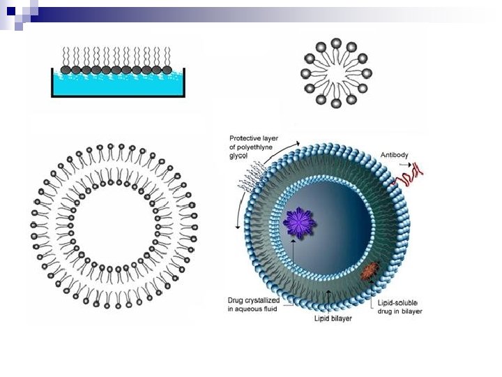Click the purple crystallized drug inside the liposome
(x=299, y=223)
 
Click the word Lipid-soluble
(x=397, y=302)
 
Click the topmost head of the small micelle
(x=336, y=43)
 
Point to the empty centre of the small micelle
(x=336, y=73)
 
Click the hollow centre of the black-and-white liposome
(x=113, y=226)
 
